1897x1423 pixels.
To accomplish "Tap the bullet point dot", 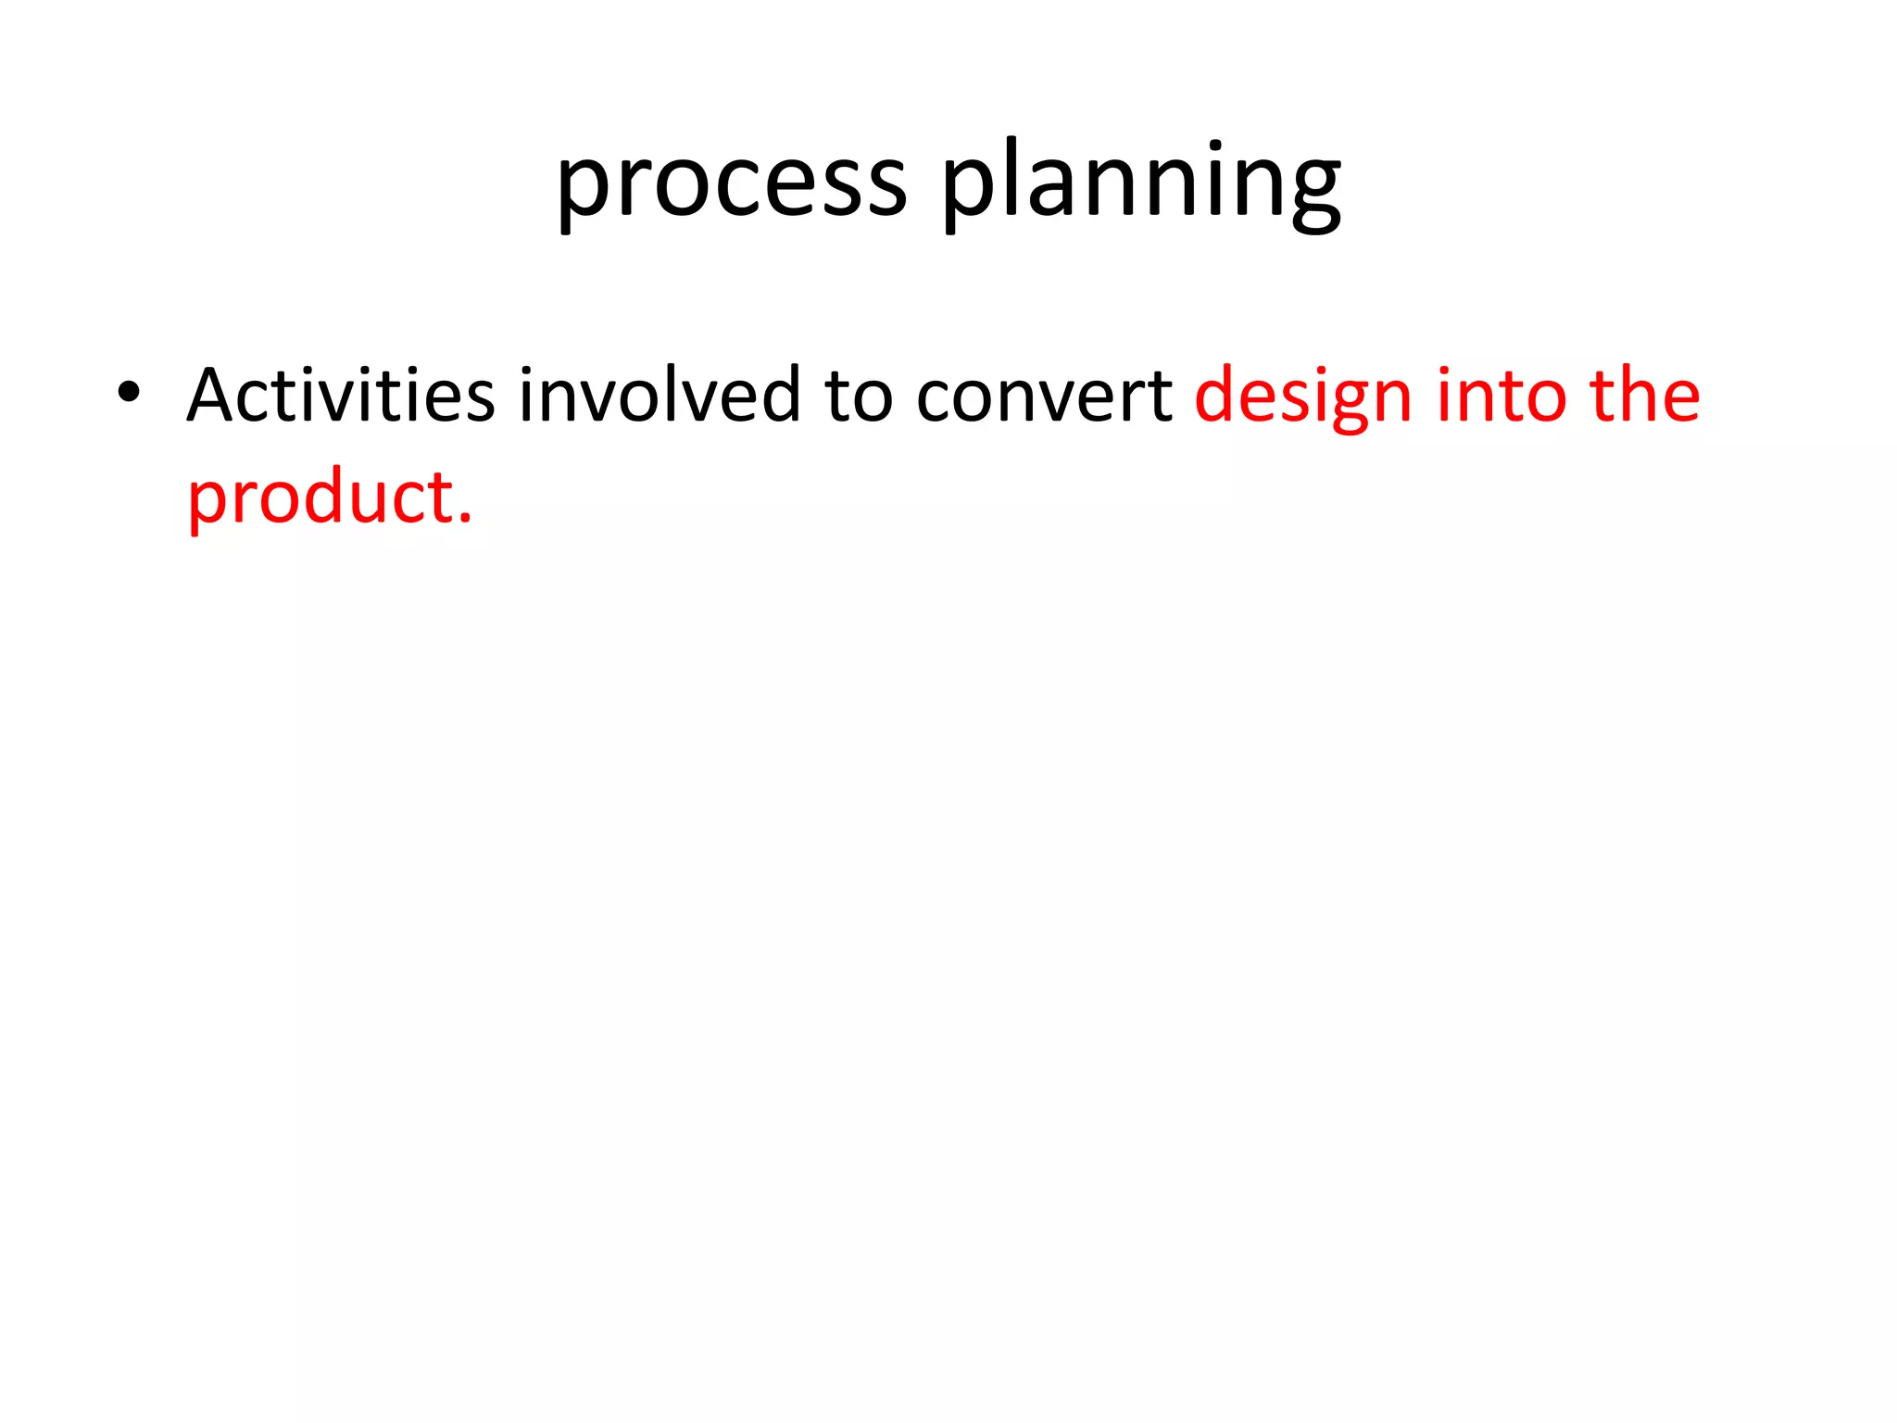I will click(x=129, y=393).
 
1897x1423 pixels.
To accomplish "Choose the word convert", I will click(x=1044, y=397).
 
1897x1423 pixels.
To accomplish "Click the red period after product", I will click(x=465, y=519).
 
